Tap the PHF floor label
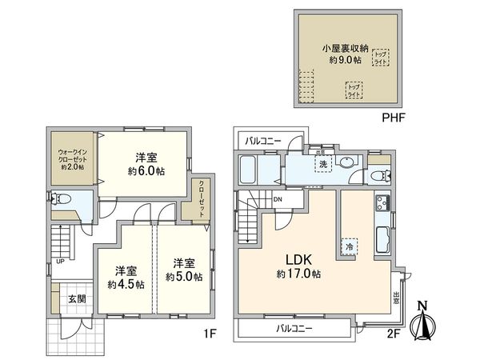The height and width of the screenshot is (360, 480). click(x=394, y=117)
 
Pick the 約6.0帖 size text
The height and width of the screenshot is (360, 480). click(x=145, y=171)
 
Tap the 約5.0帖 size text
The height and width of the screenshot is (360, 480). click(x=185, y=277)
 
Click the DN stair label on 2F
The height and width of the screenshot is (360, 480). click(x=278, y=199)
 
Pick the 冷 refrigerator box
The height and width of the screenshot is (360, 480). click(x=350, y=246)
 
